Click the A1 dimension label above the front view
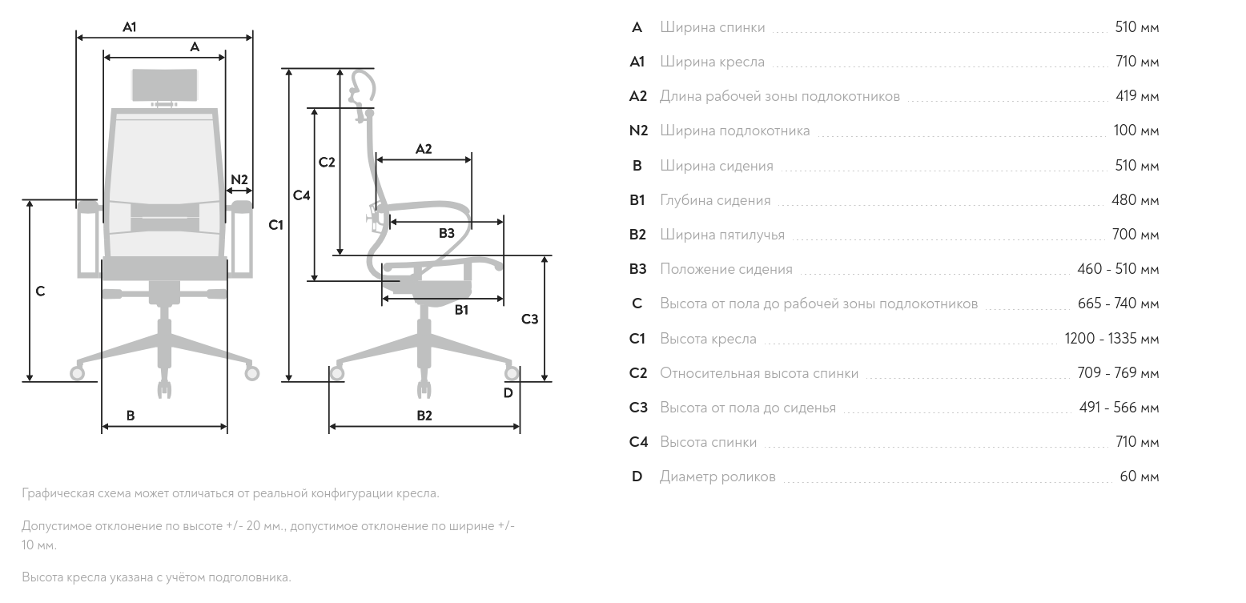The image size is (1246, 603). point(130,26)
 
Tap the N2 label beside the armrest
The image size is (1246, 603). point(239,179)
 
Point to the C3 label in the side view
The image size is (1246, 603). point(529,320)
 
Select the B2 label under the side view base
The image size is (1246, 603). point(424,416)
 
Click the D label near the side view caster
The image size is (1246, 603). point(508,393)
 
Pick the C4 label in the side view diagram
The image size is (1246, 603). point(301,195)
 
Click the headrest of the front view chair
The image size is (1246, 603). point(165,85)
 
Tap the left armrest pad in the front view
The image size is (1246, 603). point(88,207)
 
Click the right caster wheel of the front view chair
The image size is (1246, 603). point(252,372)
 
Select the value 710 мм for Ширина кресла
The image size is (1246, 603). point(1137,61)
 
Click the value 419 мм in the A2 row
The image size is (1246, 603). point(1137,95)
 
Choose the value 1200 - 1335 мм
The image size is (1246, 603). point(1112,338)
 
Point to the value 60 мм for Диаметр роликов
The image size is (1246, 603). point(1139,476)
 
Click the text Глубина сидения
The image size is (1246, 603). point(715,200)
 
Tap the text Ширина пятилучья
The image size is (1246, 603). point(722,235)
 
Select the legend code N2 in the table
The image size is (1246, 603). point(638,131)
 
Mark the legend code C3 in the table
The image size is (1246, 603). point(638,408)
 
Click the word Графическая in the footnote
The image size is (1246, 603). point(58,493)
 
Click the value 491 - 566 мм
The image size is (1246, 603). point(1119,407)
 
